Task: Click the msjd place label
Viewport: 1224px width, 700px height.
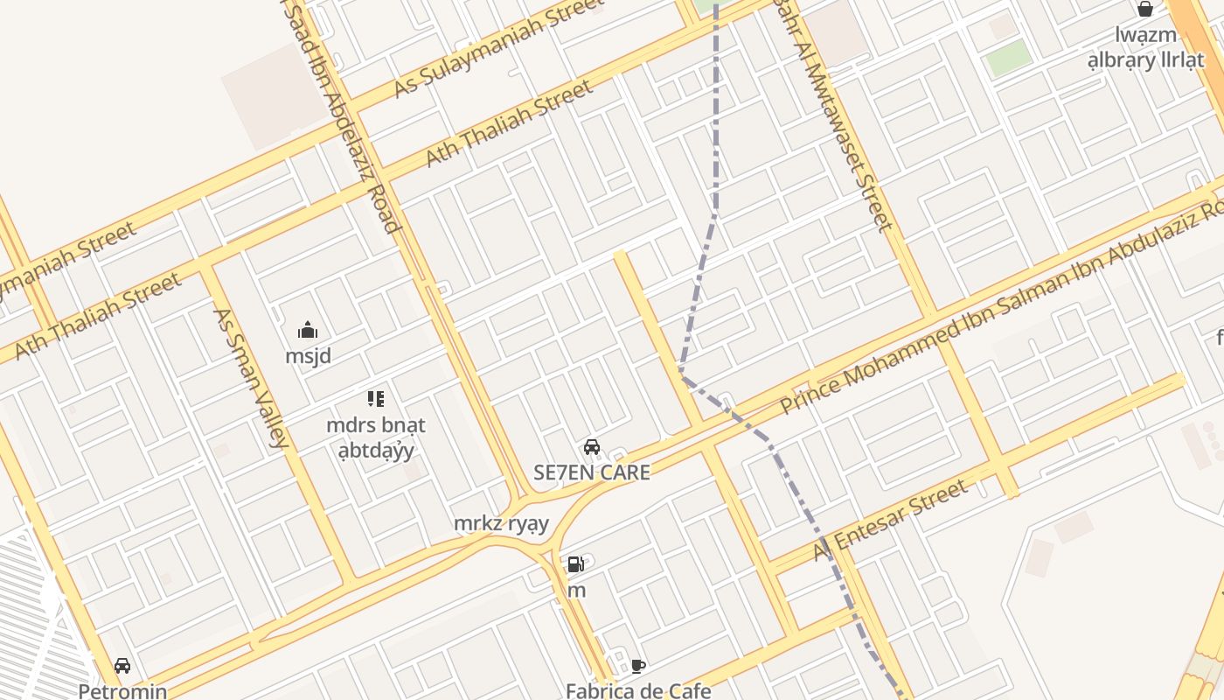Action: [308, 357]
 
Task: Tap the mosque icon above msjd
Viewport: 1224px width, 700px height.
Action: [308, 331]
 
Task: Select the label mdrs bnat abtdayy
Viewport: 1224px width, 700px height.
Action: [376, 437]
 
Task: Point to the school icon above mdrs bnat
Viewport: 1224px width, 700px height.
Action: [376, 400]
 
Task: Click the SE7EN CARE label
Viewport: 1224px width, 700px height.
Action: [592, 472]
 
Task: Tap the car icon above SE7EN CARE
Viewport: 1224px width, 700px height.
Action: [592, 447]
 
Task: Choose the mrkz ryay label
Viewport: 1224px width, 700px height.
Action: [501, 524]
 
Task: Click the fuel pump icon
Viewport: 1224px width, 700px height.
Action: [575, 564]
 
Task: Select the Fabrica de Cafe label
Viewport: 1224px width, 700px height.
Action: [638, 690]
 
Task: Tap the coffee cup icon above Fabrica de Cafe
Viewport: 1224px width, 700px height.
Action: [638, 666]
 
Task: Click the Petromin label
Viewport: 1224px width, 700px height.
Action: [122, 691]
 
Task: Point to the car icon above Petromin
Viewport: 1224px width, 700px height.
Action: [122, 666]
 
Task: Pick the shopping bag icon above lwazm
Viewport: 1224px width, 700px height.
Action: [1145, 10]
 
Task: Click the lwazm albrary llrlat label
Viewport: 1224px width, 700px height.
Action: [1145, 48]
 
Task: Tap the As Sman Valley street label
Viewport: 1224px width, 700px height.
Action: [250, 378]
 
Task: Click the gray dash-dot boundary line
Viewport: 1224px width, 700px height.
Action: [716, 131]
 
